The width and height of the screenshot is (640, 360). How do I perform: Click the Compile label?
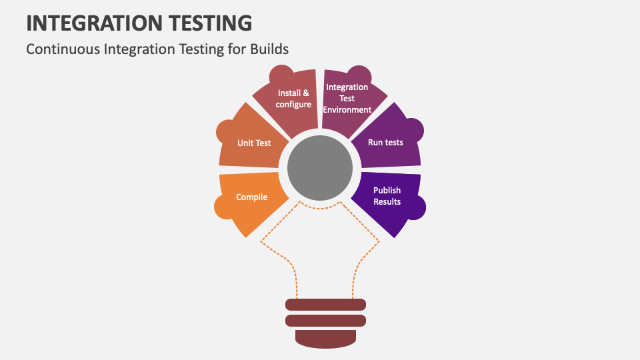pos(251,197)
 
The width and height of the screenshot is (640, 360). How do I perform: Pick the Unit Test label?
pos(254,143)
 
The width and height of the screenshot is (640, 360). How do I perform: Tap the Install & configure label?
pos(293,99)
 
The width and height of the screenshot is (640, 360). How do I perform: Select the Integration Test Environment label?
pos(347,99)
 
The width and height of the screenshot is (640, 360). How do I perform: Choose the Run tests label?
pos(385,143)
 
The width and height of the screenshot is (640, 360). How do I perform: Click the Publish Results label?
pos(387,196)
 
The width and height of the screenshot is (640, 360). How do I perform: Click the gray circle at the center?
pos(320,168)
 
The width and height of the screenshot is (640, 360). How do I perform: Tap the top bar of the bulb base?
pos(326,305)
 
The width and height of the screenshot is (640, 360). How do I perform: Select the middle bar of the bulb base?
pos(326,321)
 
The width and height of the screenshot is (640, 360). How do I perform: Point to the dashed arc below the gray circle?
pos(320,208)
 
